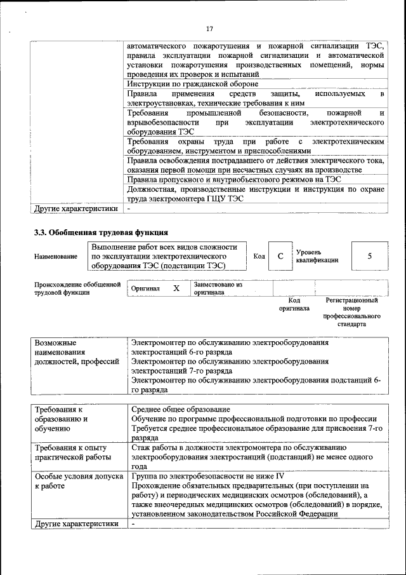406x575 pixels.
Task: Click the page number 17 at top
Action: point(209,28)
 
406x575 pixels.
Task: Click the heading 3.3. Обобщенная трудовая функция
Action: point(101,233)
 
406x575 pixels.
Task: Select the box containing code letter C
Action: point(279,256)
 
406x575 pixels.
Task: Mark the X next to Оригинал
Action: point(176,288)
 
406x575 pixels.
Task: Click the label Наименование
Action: point(54,256)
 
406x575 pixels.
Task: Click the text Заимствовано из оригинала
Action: point(218,288)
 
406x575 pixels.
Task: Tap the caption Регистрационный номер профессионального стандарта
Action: point(351,311)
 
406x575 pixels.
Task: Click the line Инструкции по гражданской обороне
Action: point(192,84)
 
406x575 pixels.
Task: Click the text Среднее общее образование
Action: point(180,409)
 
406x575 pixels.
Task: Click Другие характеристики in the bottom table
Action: point(76,524)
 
